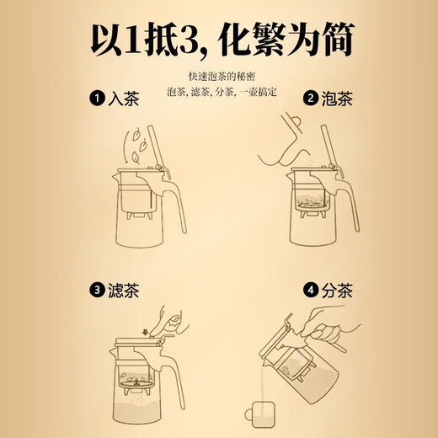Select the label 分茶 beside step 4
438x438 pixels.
coord(339,291)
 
